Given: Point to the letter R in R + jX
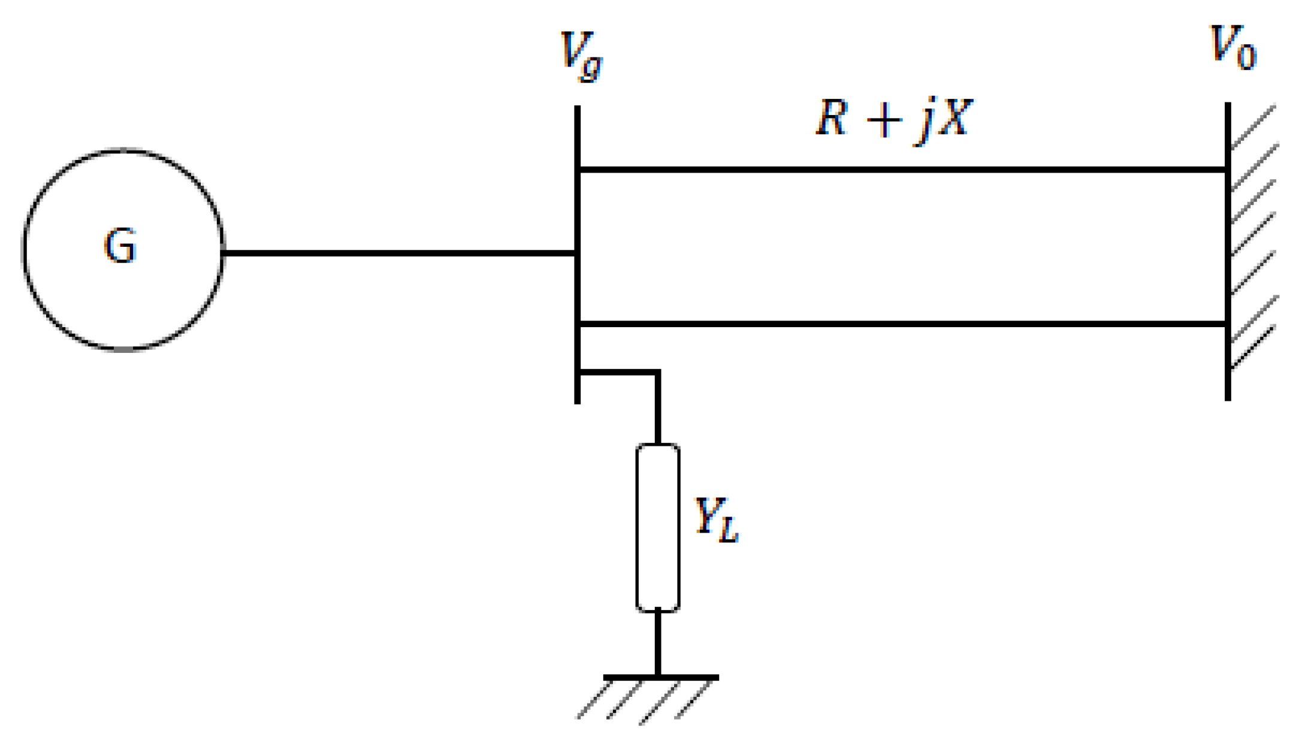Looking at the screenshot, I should pyautogui.click(x=832, y=118).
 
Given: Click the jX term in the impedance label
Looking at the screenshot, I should pyautogui.click(x=944, y=119).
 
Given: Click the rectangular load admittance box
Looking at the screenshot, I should pyautogui.click(x=657, y=527).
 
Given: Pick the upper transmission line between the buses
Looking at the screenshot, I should pyautogui.click(x=899, y=170).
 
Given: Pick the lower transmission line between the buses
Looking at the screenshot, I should pyautogui.click(x=899, y=324).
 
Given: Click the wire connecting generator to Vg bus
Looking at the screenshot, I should pyautogui.click(x=395, y=253).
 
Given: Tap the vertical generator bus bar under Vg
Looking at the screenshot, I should pyautogui.click(x=577, y=210).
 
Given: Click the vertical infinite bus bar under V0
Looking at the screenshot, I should pyautogui.click(x=1228, y=252).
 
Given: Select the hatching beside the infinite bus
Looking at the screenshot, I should pyautogui.click(x=1253, y=240).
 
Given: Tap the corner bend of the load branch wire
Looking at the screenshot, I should pyautogui.click(x=657, y=373).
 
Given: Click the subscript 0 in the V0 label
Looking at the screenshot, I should pyautogui.click(x=1246, y=58).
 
